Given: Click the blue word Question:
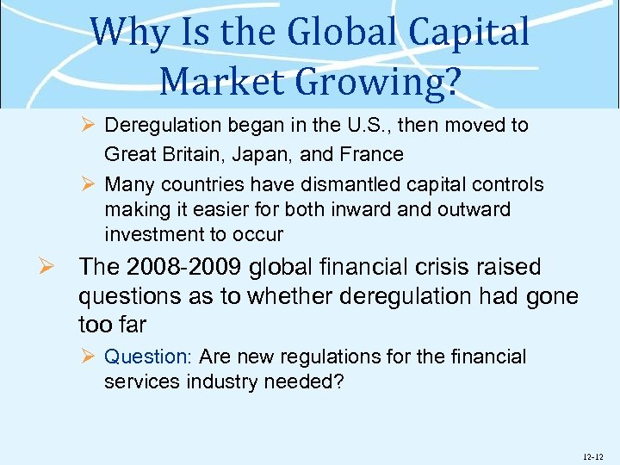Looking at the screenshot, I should (x=148, y=357).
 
